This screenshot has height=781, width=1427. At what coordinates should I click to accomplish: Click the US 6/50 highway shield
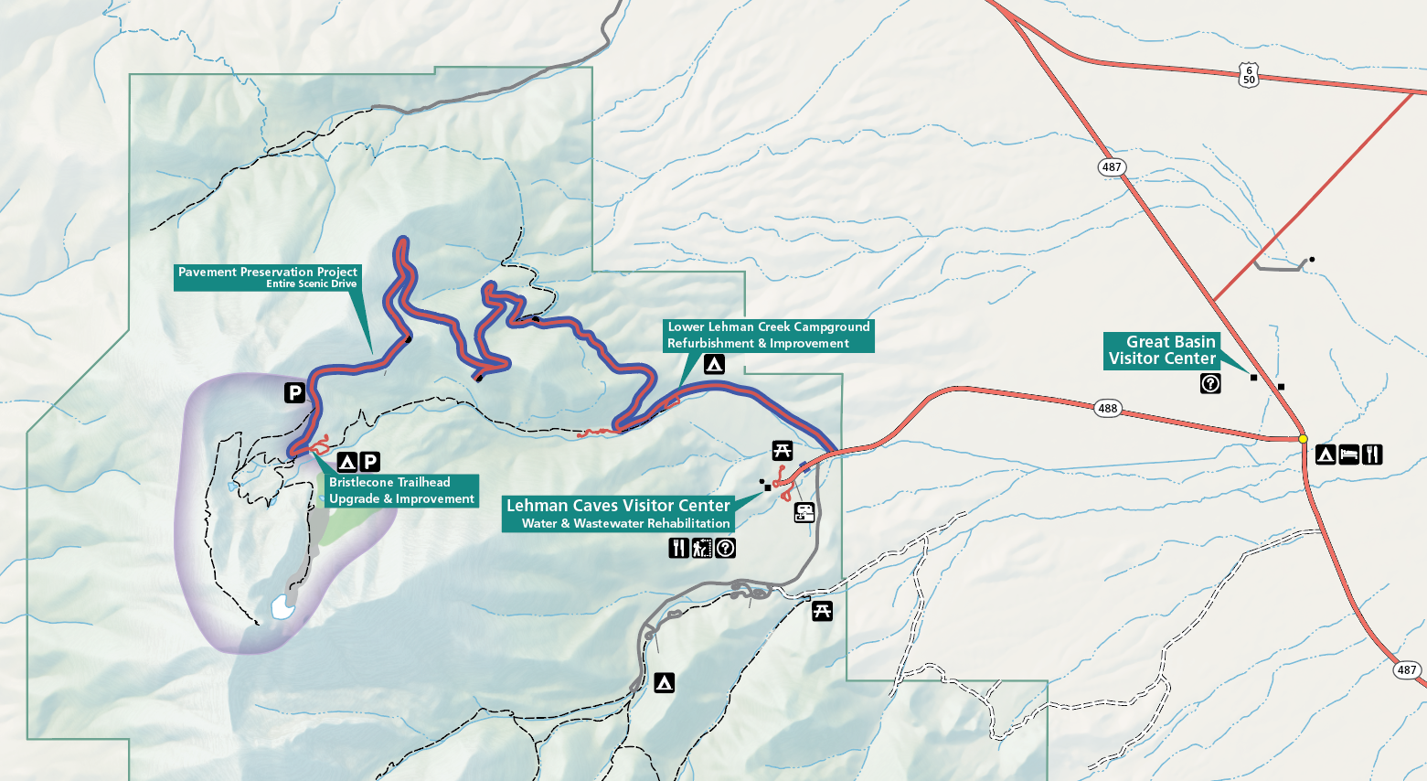tap(1249, 75)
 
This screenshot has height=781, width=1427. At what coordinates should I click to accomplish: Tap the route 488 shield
tap(1108, 408)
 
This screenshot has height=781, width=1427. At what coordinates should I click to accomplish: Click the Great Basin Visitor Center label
tap(1162, 350)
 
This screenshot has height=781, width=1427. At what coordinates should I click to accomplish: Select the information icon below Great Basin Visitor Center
tap(1210, 383)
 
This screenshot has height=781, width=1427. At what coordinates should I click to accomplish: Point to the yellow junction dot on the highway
tap(1303, 439)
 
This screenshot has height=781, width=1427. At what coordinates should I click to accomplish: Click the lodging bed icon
tap(1348, 454)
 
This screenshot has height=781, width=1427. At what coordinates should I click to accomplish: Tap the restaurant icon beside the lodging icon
tap(1371, 454)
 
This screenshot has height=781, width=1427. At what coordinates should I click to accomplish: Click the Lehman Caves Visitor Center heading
tap(618, 506)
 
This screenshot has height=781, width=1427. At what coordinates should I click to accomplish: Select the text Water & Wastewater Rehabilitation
tap(626, 523)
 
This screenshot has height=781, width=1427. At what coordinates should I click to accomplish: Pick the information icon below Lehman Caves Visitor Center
tap(725, 548)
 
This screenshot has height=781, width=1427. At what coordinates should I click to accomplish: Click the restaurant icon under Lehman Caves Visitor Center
tap(677, 548)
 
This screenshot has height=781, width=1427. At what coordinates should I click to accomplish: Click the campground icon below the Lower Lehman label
tap(714, 364)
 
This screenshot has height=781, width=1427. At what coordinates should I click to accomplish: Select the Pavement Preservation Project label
tap(267, 272)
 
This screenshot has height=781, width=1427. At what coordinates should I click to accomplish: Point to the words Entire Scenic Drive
tap(311, 284)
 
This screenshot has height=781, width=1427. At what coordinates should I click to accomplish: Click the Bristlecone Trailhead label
tap(389, 482)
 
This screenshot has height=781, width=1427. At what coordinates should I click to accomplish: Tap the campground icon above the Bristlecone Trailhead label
tap(346, 462)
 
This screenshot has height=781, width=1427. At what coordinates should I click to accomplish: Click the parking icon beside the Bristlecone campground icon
tap(370, 462)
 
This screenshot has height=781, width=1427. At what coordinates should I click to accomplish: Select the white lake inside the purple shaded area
tap(282, 606)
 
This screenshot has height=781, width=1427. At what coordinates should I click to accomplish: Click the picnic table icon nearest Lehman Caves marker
tap(782, 450)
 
